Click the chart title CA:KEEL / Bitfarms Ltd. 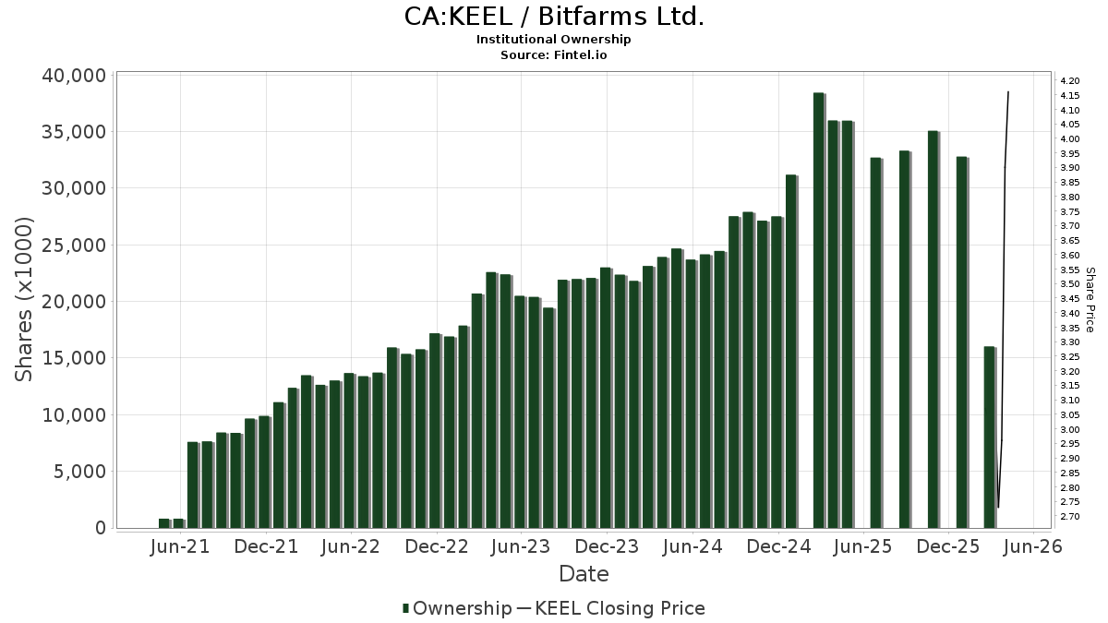[554, 17]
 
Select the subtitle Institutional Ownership [553, 40]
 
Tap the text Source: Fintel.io [553, 54]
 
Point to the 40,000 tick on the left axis [74, 76]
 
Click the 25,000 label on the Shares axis [74, 246]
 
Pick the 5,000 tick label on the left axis [79, 472]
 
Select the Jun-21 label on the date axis [180, 546]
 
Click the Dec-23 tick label [607, 546]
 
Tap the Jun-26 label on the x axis [1033, 546]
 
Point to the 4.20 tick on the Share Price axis [1070, 81]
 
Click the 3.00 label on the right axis [1070, 430]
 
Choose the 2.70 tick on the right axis [1070, 517]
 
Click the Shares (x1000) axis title [24, 300]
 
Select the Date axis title [584, 574]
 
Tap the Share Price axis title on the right [1090, 300]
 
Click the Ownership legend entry [458, 608]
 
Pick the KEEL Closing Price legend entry [610, 608]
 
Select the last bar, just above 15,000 [990, 437]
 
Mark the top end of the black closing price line [1008, 92]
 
